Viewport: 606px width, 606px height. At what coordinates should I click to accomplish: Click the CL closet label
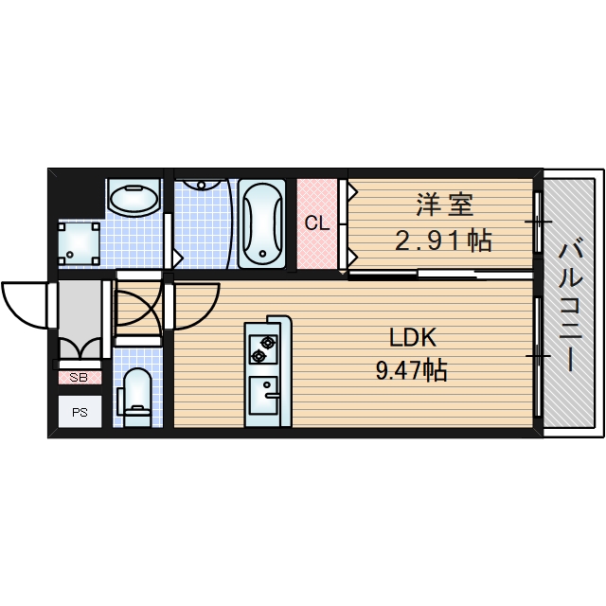pos(316,223)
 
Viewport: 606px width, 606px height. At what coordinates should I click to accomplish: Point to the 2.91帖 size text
pos(443,241)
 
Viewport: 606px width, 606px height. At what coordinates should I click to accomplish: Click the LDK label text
pos(413,337)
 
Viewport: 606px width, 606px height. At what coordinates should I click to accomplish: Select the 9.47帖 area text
pos(411,370)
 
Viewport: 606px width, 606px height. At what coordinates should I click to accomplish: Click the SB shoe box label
pos(80,377)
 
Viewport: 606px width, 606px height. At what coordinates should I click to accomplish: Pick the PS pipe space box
pos(80,411)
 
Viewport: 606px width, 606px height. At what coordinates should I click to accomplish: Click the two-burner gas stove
pos(260,348)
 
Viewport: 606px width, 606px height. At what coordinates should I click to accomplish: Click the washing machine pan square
pos(79,243)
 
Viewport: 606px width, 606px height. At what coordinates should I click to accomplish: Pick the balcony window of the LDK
pos(538,354)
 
